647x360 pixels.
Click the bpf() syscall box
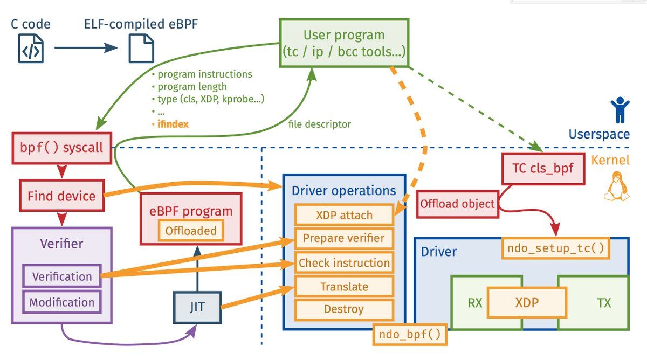click(61, 147)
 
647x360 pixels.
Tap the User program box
click(344, 43)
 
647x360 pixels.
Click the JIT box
click(197, 307)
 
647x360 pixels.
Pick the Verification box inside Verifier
click(61, 276)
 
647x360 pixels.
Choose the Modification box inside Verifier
click(61, 302)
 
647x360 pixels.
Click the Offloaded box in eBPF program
click(191, 231)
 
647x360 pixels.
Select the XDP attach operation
click(344, 216)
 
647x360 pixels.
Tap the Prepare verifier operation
click(344, 238)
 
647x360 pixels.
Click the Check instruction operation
click(344, 263)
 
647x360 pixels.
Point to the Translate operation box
click(344, 287)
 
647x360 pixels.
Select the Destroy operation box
click(344, 309)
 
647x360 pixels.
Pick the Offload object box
click(457, 204)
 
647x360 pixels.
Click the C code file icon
click(30, 49)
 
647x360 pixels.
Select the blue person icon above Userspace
click(619, 110)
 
